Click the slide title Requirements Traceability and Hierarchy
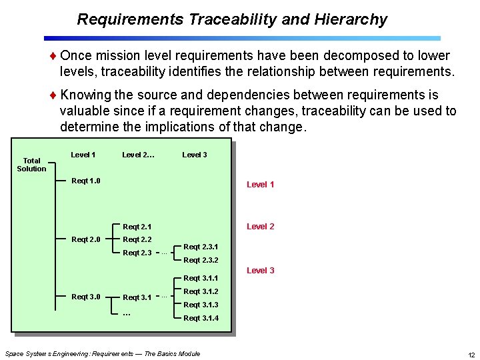[x=232, y=19]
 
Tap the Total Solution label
[x=31, y=165]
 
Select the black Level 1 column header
[x=83, y=155]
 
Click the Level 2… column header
[x=139, y=155]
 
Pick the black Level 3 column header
[x=195, y=155]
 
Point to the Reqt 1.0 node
[x=86, y=181]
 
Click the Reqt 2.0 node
[x=86, y=239]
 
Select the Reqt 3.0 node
[x=86, y=297]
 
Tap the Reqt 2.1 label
[x=137, y=227]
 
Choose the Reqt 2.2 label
[x=137, y=239]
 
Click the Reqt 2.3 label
[x=137, y=253]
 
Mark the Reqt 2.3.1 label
[x=201, y=247]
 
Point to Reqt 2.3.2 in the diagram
[x=201, y=260]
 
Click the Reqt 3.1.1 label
[x=201, y=278]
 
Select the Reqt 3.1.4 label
[x=201, y=318]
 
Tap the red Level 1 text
[x=260, y=185]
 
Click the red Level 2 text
[x=260, y=227]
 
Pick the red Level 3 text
[x=260, y=271]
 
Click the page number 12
[x=471, y=354]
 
